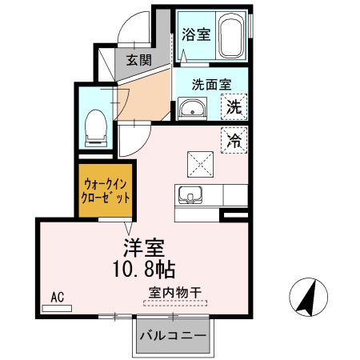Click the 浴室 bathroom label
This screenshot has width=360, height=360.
point(196,34)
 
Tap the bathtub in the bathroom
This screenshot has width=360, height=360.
point(231,34)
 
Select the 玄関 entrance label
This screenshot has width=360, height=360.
point(139,60)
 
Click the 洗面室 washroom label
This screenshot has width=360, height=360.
point(211,85)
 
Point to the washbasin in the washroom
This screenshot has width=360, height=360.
point(192,109)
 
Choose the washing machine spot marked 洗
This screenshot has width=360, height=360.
point(234,106)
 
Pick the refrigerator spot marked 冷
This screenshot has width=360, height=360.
point(234,140)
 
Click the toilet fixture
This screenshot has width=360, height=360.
point(96,128)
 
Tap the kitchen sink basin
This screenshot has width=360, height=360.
point(190,195)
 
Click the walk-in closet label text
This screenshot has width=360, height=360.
point(106,191)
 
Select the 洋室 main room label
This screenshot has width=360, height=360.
point(144,248)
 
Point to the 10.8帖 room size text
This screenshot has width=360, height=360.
point(144,270)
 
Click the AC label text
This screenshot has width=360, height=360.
point(58,297)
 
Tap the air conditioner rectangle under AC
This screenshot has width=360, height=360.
point(57,308)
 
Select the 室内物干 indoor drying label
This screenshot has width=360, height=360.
point(175,293)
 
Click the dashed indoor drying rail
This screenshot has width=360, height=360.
point(175,303)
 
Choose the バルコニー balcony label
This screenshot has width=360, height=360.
point(174,335)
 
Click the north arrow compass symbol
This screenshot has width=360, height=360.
point(308,297)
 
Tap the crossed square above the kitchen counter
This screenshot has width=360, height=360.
point(200,164)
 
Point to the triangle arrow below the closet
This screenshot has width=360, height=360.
point(129,227)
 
